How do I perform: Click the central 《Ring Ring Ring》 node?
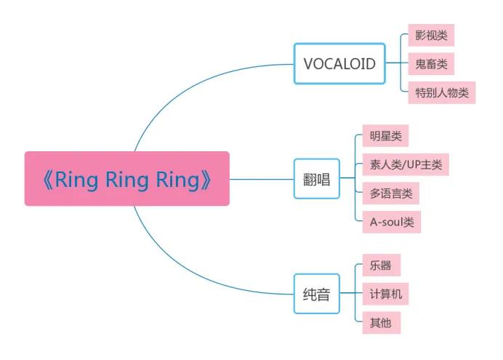[x=127, y=179]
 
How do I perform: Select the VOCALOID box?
[x=339, y=63]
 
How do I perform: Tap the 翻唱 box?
[x=316, y=179]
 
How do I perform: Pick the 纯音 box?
[x=316, y=294]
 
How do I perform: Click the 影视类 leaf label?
[x=431, y=34]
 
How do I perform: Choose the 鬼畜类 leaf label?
[x=431, y=63]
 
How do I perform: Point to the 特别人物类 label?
[x=441, y=92]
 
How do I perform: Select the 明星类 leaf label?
[x=385, y=135]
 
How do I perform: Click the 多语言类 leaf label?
[x=390, y=193]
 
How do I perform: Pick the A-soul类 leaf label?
[x=391, y=222]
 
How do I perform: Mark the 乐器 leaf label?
[x=380, y=265]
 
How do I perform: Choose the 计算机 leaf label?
[x=385, y=294]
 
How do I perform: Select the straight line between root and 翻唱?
[x=262, y=179]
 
